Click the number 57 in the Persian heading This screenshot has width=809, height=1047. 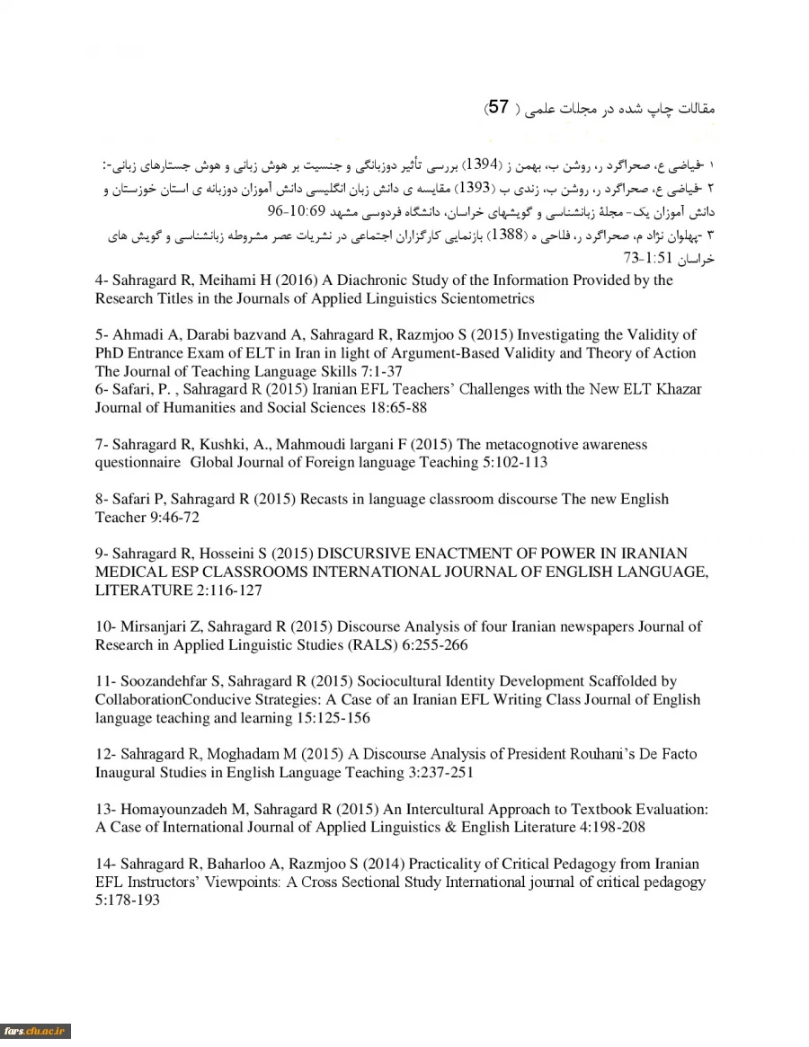click(x=499, y=107)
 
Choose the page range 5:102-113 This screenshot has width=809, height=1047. click(x=502, y=462)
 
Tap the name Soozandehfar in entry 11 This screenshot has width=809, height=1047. click(x=163, y=681)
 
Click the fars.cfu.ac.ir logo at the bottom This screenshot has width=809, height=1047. click(x=35, y=1030)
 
